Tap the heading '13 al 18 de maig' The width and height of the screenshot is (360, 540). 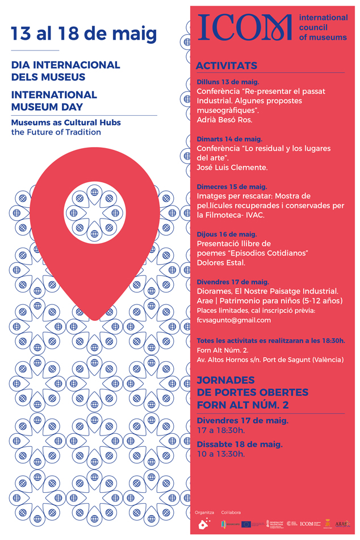pyautogui.click(x=84, y=34)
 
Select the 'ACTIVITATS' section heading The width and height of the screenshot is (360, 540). pyautogui.click(x=226, y=66)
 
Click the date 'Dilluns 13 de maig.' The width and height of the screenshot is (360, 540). pyautogui.click(x=227, y=82)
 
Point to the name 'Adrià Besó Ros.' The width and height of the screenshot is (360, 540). pyautogui.click(x=224, y=120)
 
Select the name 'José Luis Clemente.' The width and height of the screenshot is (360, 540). pyautogui.click(x=232, y=168)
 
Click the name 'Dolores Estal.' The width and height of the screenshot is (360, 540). pyautogui.click(x=221, y=262)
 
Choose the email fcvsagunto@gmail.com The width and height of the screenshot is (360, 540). pyautogui.click(x=233, y=320)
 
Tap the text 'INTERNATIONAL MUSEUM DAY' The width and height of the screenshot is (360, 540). pyautogui.click(x=54, y=101)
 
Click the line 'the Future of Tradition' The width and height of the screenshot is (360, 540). pyautogui.click(x=56, y=132)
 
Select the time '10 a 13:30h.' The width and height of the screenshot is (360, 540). pyautogui.click(x=221, y=454)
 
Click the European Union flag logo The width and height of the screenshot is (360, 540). pyautogui.click(x=248, y=524)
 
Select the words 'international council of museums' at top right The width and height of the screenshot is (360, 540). pyautogui.click(x=323, y=28)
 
